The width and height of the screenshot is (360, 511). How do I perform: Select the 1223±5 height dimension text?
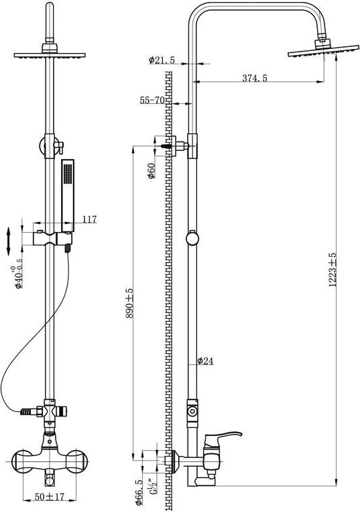coord(333,270)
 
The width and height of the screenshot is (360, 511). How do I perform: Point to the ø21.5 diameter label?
coord(162,60)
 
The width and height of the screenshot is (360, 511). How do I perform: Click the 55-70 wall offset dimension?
coord(152,100)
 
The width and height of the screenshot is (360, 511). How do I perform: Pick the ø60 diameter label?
coord(152,170)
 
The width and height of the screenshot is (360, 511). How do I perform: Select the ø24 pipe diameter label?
coord(206,361)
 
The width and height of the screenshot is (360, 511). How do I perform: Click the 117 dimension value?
coord(89,219)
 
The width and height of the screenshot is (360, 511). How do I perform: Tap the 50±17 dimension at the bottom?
coord(50,498)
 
